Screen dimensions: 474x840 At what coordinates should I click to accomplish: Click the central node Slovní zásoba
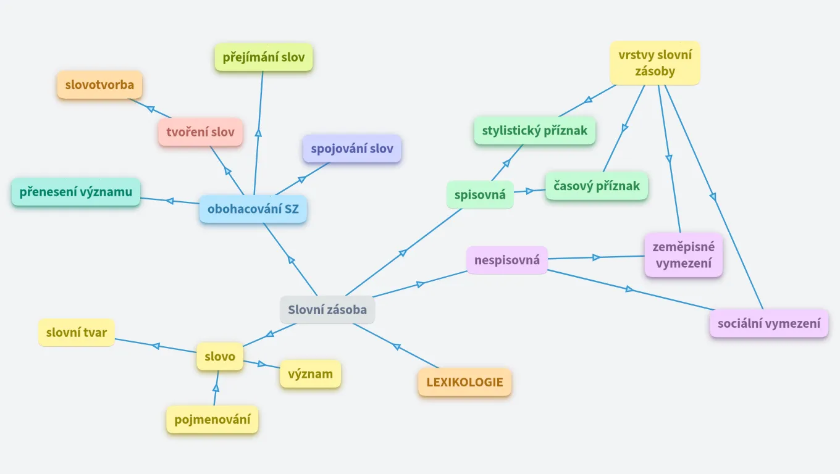pos(327,310)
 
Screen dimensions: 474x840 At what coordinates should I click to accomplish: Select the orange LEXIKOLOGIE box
pos(464,382)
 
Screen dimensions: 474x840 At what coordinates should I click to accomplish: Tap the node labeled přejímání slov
pos(264,57)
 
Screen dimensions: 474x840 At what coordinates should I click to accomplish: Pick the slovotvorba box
pos(99,85)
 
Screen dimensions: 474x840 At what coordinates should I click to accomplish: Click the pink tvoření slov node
pos(200,132)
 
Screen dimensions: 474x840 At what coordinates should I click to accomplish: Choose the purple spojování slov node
pos(352,149)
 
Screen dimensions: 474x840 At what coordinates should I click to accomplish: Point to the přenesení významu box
pos(76,192)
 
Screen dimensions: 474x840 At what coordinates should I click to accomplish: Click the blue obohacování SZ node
pos(253,209)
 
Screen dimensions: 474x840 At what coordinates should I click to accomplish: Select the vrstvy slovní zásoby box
pos(655,63)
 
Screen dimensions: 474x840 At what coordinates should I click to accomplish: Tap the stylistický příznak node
pos(535,131)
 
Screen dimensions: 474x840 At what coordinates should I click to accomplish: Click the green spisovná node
pos(480,195)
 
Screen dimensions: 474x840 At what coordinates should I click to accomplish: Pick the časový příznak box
pos(597,186)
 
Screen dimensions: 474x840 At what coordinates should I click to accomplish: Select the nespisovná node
pos(506,260)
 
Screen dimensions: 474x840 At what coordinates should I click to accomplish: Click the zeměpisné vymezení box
pos(683,255)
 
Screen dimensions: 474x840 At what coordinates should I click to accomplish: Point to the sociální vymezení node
pos(769,323)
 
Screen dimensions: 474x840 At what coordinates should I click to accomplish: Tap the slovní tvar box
pos(76,333)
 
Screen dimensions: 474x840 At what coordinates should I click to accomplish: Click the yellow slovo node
pos(220,357)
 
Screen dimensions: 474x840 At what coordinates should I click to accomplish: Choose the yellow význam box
pos(310,374)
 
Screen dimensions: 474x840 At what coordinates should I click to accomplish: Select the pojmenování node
pos(212,420)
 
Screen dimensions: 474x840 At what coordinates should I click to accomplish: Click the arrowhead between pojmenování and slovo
pos(216,388)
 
